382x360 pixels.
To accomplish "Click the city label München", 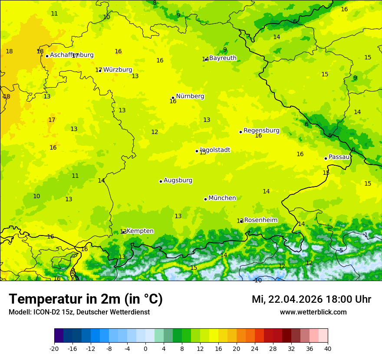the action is coord(222,198).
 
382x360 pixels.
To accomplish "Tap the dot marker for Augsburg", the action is coord(161,181).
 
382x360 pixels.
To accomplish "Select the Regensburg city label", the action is coord(261,131).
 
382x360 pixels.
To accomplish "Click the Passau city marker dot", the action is coord(326,158).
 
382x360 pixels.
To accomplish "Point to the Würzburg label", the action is coord(117,70).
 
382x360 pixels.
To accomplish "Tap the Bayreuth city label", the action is coord(223,58).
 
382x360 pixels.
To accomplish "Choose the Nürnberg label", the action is coord(190,96).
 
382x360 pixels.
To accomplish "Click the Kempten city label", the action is coord(140,231).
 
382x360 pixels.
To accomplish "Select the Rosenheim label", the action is coord(260,220).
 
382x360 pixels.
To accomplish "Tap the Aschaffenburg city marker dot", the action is coord(47,56).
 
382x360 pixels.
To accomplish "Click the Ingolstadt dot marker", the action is coord(197,151).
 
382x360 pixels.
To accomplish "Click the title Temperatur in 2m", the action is coord(86,299).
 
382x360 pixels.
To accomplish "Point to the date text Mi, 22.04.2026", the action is coord(287,299).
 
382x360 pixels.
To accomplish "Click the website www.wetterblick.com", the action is coord(313,312).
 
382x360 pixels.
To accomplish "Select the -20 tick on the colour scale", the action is coord(54,349).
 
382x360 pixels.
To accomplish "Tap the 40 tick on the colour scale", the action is coord(328,349).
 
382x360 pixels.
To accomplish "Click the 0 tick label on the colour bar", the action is coord(145,349).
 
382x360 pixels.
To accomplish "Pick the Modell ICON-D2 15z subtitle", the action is coord(79,312).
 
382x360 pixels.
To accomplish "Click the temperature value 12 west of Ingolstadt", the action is coord(155,132).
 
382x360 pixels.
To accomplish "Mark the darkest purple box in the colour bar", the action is coord(59,336).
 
